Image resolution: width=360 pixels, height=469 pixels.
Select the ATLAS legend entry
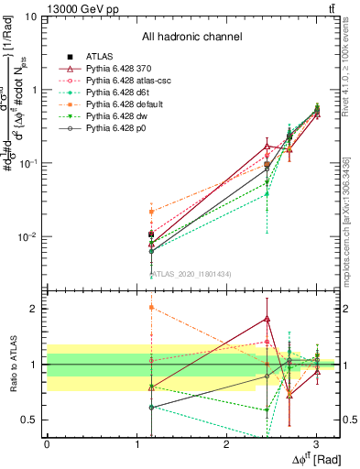[100, 57]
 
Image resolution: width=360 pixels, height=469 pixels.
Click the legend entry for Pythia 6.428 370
[124, 69]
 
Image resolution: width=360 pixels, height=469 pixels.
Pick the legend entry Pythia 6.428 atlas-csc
[131, 81]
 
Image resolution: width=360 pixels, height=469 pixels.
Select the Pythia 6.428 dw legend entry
[123, 116]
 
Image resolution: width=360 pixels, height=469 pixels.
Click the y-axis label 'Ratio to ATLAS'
[10, 364]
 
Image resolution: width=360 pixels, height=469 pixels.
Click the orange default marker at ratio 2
[151, 308]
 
